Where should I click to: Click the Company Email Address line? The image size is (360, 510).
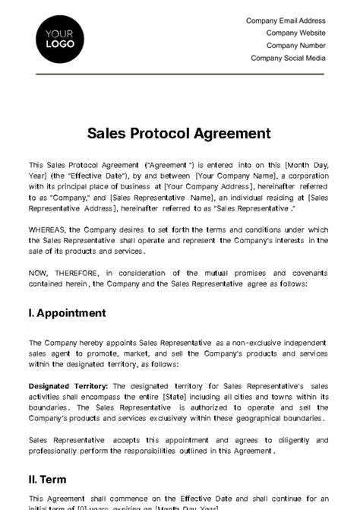point(286,21)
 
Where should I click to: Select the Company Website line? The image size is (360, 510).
point(296,33)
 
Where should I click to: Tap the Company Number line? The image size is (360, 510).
point(296,46)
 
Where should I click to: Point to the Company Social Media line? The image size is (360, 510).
point(289,58)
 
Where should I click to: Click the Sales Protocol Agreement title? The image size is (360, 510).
point(179,133)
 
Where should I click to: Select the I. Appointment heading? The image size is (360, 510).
point(67,312)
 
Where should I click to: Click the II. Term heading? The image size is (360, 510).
point(47,480)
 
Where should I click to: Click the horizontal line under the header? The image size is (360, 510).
point(179,74)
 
